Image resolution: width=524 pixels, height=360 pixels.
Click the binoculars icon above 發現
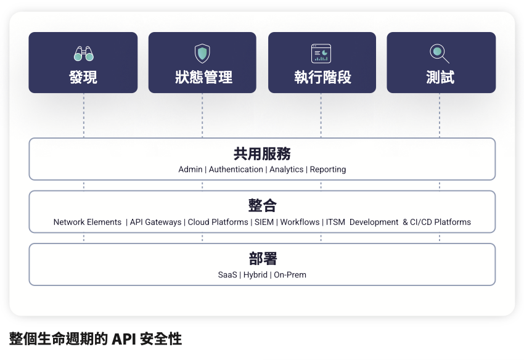84,54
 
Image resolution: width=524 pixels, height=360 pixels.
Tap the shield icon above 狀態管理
202,54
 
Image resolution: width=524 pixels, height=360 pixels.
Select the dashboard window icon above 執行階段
321,54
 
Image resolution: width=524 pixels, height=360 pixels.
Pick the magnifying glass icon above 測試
439,54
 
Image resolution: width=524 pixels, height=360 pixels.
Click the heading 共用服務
262,153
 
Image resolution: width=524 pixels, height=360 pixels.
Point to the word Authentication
236,170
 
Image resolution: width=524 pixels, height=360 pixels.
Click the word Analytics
287,170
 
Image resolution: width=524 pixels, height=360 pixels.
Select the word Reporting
328,170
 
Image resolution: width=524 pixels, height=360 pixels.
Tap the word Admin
190,170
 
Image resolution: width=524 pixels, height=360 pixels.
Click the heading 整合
263,205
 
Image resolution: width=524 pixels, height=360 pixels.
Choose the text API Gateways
155,223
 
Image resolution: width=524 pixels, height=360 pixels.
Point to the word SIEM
264,223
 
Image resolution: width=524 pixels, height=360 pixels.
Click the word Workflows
300,223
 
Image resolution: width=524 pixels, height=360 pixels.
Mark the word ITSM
335,223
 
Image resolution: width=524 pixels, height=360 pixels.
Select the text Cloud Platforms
218,223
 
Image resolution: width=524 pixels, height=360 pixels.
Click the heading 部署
263,258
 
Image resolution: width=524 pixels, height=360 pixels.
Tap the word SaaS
227,275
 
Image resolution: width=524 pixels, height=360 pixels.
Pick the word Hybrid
255,275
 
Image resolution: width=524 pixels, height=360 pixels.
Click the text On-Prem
290,275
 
